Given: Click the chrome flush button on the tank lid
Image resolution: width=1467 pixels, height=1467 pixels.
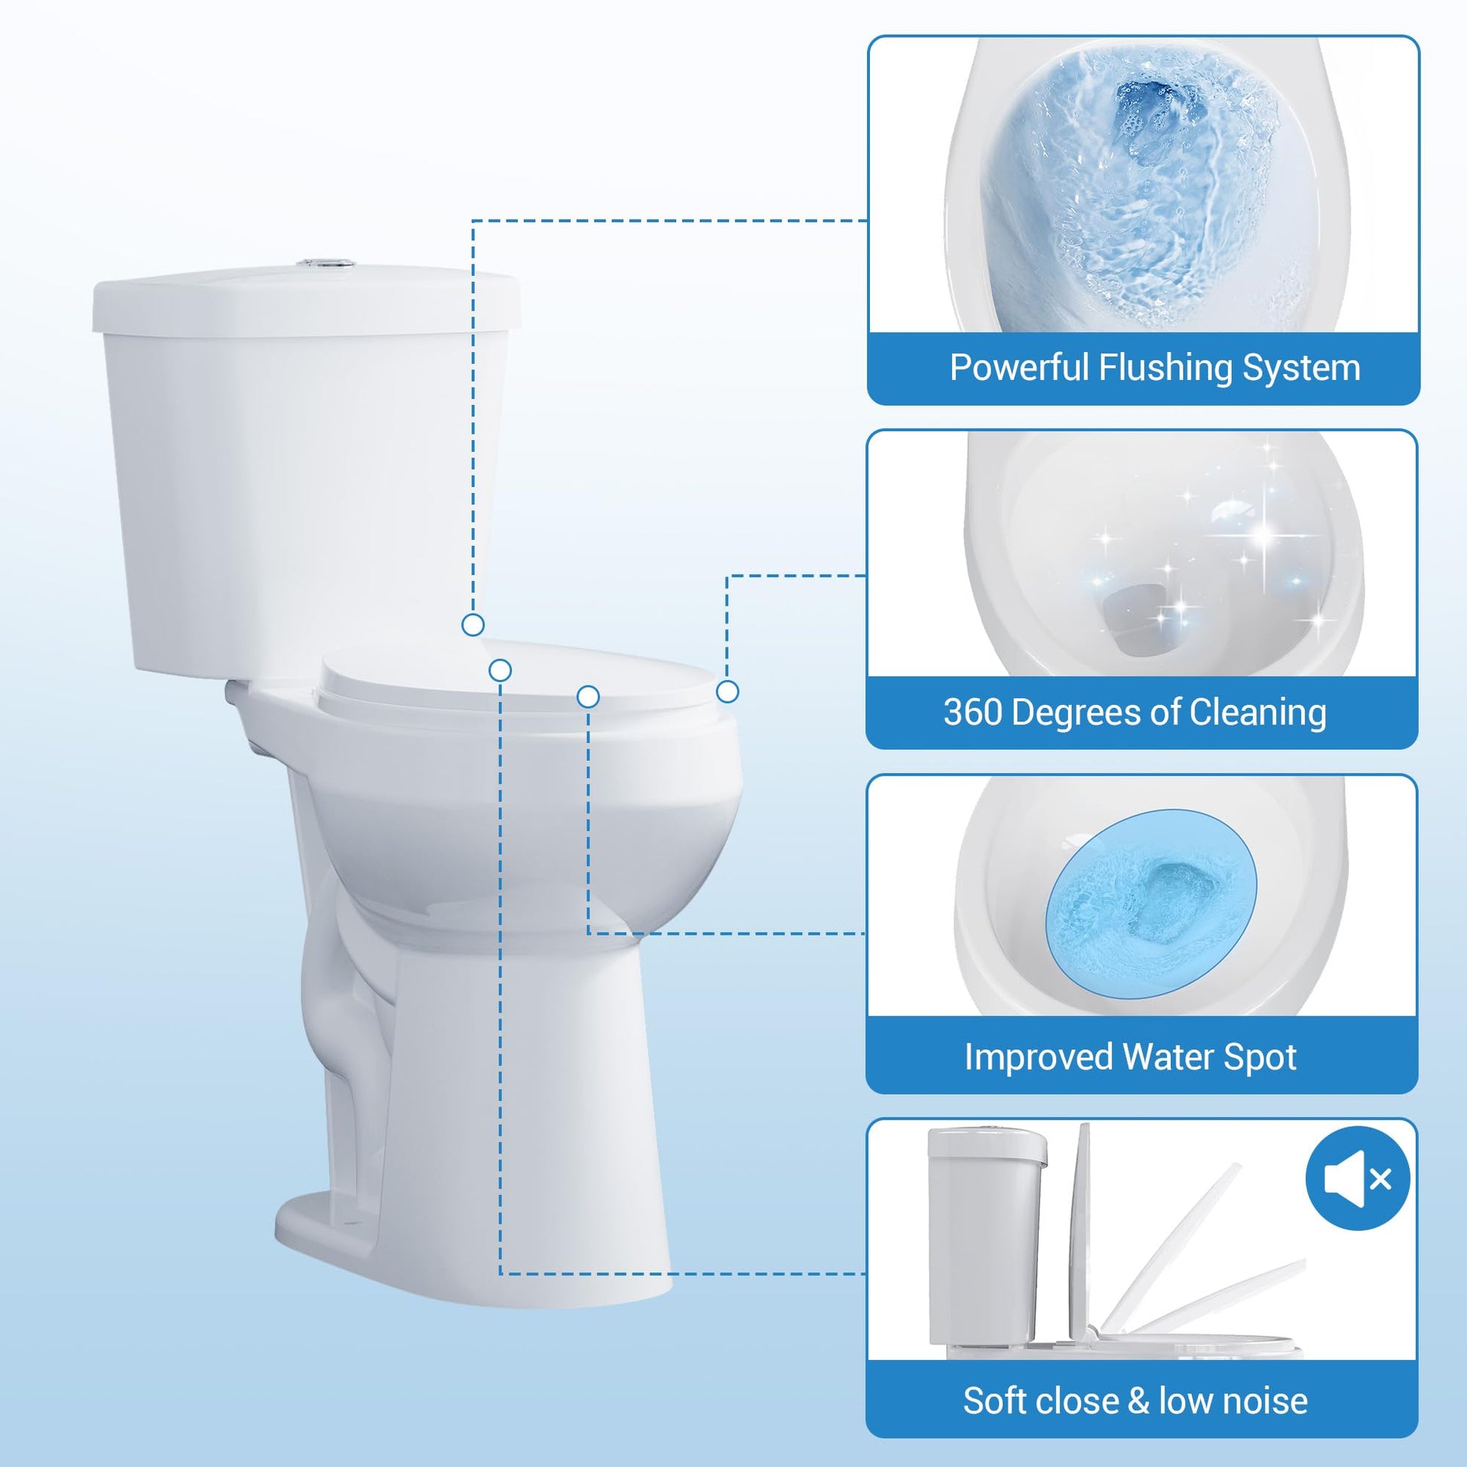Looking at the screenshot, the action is pos(326,264).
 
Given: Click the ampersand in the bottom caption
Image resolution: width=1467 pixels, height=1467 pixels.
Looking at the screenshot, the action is pos(1137,1401).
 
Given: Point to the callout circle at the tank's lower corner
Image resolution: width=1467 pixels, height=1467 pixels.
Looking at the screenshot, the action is pos(473,625).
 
